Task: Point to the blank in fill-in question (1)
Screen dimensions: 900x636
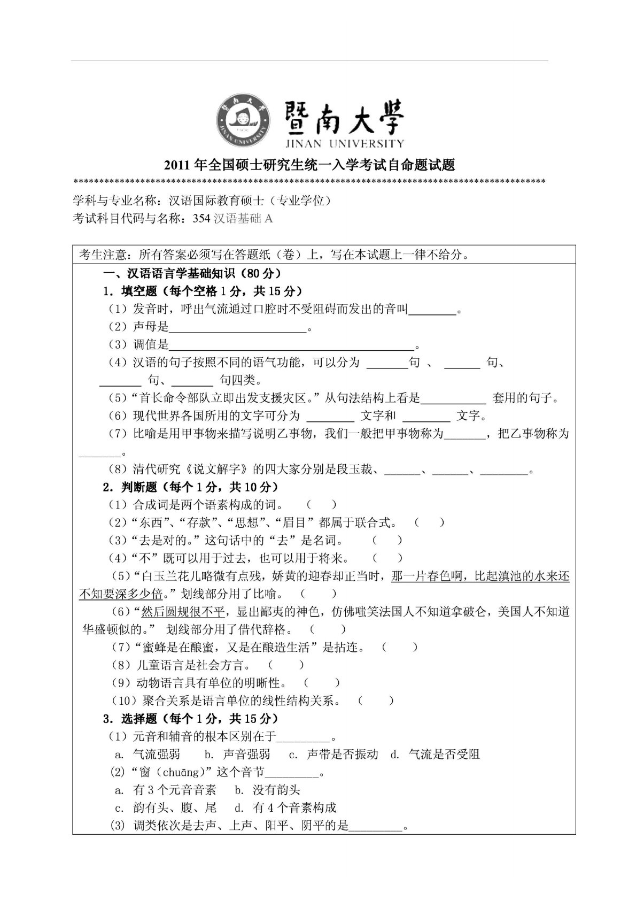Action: [x=433, y=309]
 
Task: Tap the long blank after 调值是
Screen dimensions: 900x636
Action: [x=292, y=345]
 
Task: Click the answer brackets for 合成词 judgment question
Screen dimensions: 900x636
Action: [x=322, y=504]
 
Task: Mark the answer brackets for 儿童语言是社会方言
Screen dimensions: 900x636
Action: [x=286, y=665]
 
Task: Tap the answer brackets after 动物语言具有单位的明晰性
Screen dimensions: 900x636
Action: [x=322, y=683]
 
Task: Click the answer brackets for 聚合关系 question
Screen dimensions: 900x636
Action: [x=376, y=701]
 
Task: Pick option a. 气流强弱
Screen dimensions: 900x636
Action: [x=148, y=755]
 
